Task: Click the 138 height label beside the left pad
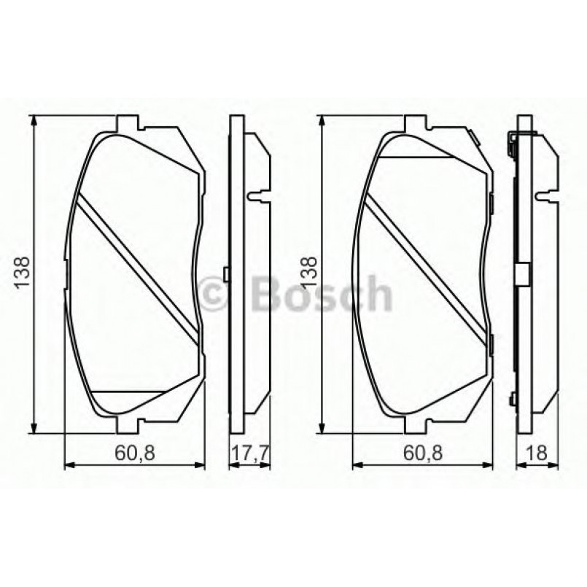(21, 273)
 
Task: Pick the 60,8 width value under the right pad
(421, 453)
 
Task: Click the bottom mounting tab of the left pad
(128, 425)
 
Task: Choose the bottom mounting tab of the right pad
(414, 425)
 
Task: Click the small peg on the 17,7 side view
(255, 195)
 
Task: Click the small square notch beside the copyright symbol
(227, 274)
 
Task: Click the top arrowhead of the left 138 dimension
(32, 121)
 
